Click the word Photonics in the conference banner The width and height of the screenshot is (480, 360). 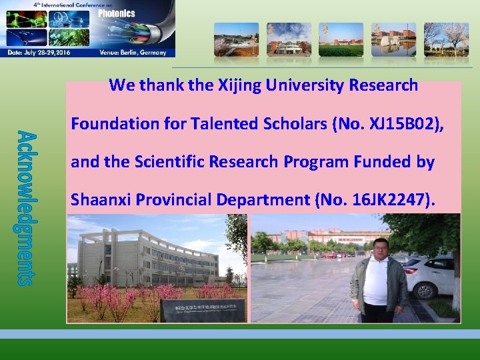tap(117, 13)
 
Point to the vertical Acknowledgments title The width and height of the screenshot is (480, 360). tap(23, 207)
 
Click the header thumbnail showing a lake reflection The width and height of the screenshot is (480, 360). tap(393, 39)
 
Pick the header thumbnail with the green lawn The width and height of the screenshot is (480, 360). tap(341, 39)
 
